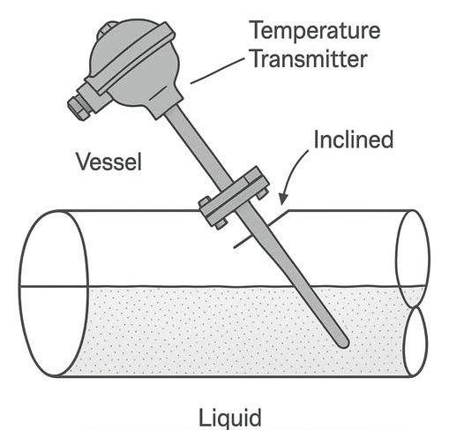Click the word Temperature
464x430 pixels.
click(x=315, y=31)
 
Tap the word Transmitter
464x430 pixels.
click(x=310, y=59)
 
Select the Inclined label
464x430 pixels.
click(x=354, y=140)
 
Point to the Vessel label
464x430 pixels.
click(x=109, y=162)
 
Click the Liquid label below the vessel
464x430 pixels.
click(x=230, y=418)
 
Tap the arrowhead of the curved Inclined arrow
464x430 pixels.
click(x=283, y=199)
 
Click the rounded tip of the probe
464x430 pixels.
click(x=344, y=343)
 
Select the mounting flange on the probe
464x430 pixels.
click(x=234, y=197)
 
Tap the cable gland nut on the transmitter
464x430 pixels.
click(x=79, y=107)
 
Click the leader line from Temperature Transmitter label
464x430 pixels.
click(x=218, y=71)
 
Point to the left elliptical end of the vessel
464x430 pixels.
click(x=54, y=293)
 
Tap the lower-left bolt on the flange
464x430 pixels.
click(x=221, y=224)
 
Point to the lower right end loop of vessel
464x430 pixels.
click(x=415, y=342)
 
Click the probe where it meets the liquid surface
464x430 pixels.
click(x=301, y=287)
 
